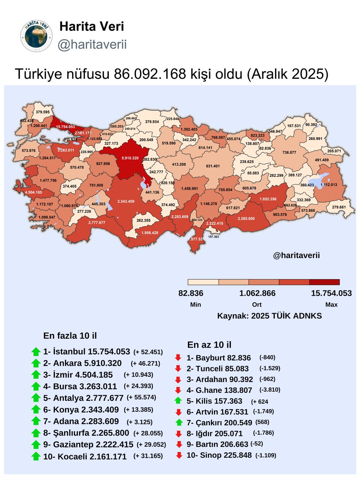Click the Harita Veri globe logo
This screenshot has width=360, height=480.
pos(36,37)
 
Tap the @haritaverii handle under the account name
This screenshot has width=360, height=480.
pos(92,44)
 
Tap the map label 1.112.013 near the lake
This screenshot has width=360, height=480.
pos(326,185)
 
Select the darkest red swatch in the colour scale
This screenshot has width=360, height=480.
pos(324,282)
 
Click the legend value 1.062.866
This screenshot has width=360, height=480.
pos(257,293)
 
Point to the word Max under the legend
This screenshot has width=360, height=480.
pos(331,304)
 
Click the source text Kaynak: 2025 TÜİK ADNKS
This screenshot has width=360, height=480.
pos(269,316)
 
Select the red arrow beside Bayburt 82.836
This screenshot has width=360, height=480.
pos(179,358)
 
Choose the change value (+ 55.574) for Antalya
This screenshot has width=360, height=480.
pos(141,398)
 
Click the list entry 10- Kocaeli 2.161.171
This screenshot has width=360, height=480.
pos(85,456)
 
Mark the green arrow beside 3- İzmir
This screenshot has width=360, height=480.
pos(36,375)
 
